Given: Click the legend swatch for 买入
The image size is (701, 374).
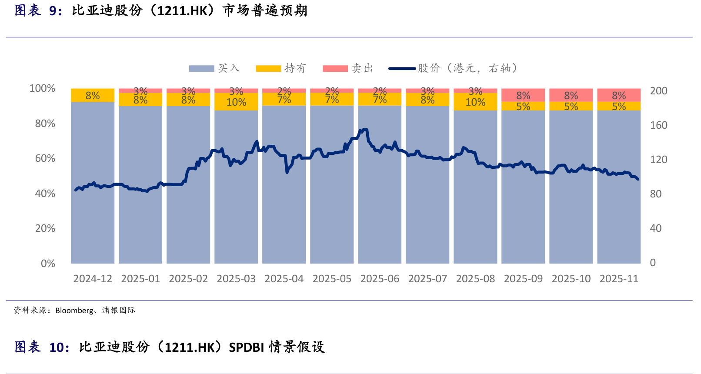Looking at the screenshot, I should click(x=201, y=69).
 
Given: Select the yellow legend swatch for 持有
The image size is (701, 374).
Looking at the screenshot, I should click(x=268, y=69).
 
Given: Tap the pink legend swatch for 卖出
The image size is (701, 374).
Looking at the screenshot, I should click(x=335, y=69).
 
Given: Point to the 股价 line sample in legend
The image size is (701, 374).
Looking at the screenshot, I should click(x=402, y=69).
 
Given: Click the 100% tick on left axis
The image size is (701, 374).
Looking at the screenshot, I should click(x=42, y=89).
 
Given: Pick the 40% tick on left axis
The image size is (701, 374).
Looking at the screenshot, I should click(x=45, y=194).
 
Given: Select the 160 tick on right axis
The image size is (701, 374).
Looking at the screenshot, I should click(x=658, y=125).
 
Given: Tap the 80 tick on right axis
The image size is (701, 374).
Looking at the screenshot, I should click(x=655, y=194).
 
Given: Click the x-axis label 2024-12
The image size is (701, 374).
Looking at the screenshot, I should click(x=93, y=279).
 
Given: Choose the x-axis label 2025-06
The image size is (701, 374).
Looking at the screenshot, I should click(x=380, y=279).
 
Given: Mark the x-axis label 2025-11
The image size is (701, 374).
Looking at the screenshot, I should click(x=619, y=279).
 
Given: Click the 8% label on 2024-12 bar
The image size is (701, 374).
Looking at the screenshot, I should click(x=93, y=96).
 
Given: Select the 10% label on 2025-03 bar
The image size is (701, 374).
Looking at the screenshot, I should click(x=236, y=103).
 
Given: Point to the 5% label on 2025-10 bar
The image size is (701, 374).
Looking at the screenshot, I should click(x=571, y=107).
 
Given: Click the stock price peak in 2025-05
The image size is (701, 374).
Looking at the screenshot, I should click(x=364, y=129).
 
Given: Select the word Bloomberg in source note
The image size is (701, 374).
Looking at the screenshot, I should click(x=74, y=311).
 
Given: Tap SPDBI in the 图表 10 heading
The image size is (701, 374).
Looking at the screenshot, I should click(x=246, y=347).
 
